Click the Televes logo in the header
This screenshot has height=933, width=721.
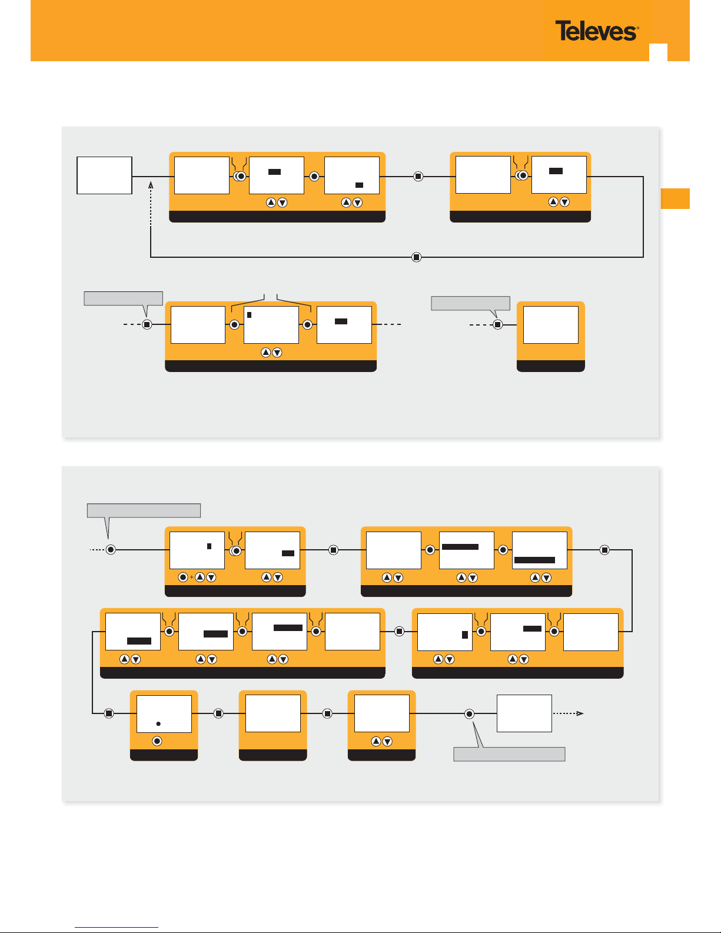pos(596,31)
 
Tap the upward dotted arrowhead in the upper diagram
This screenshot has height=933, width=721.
pos(151,185)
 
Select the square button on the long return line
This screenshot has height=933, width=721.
pos(417,257)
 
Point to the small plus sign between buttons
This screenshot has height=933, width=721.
pos(192,577)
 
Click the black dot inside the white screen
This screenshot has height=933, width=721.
pos(158,723)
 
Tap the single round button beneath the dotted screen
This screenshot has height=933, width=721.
pos(157,741)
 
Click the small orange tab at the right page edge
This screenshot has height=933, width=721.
pos(675,198)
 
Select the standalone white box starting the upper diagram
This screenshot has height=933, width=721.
pos(104,175)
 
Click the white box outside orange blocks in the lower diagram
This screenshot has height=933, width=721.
pos(524,713)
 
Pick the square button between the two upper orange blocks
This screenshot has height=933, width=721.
pos(418,176)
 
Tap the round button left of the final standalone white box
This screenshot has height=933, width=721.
pos(469,714)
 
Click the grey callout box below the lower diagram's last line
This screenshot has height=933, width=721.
pos(509,754)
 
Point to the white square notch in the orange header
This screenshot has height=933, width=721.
pos(658,52)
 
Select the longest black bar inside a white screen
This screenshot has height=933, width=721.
pos(534,560)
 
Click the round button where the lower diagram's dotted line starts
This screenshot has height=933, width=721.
pos(111,549)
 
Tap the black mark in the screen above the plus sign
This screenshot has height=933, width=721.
pos(209,546)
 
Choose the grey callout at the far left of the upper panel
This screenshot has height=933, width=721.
pos(123,298)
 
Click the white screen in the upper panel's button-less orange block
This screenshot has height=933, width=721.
pos(550,325)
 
